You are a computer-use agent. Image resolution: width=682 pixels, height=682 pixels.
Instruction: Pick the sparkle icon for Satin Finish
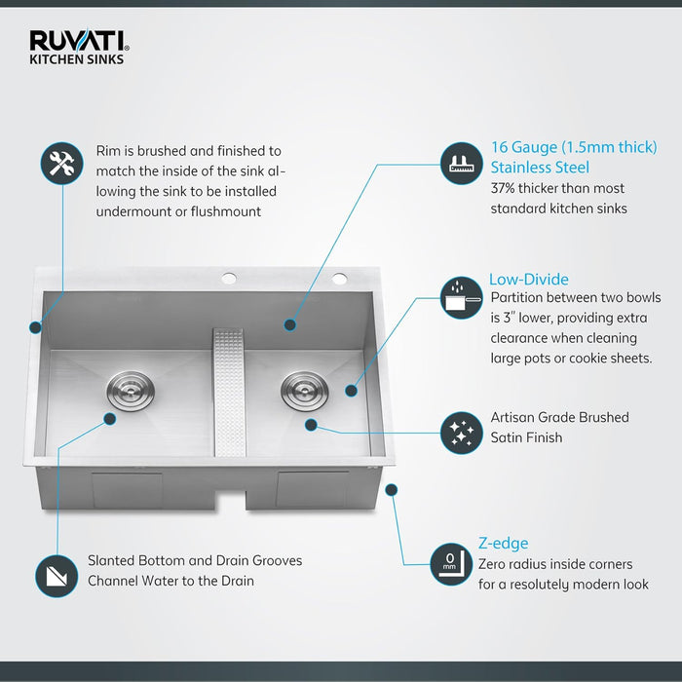click(462, 429)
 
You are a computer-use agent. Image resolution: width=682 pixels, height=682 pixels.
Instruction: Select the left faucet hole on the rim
click(230, 279)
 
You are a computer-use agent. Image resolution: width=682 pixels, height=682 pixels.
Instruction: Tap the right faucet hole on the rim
click(340, 279)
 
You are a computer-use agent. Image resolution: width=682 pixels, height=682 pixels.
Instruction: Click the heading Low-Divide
click(529, 280)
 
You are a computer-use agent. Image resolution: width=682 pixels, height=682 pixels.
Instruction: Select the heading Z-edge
click(503, 544)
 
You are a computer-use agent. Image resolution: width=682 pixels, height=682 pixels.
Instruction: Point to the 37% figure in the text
click(506, 188)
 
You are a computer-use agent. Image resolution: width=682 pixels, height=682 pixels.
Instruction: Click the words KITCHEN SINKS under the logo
click(76, 58)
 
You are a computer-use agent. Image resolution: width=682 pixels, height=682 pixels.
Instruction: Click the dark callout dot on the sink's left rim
click(36, 327)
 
